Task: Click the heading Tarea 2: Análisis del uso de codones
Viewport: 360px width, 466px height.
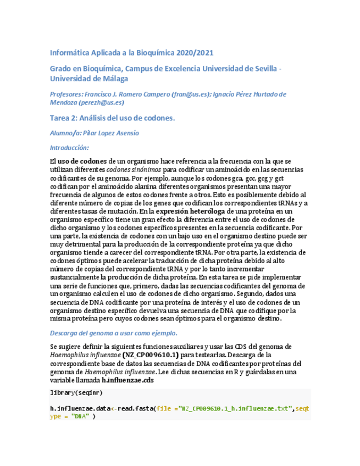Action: [x=112, y=118]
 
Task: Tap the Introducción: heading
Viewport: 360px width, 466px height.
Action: [x=69, y=148]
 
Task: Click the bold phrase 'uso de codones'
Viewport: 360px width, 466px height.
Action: [x=82, y=161]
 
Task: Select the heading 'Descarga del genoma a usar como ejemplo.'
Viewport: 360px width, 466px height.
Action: [x=114, y=333]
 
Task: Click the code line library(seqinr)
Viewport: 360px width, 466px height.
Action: [x=76, y=393]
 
